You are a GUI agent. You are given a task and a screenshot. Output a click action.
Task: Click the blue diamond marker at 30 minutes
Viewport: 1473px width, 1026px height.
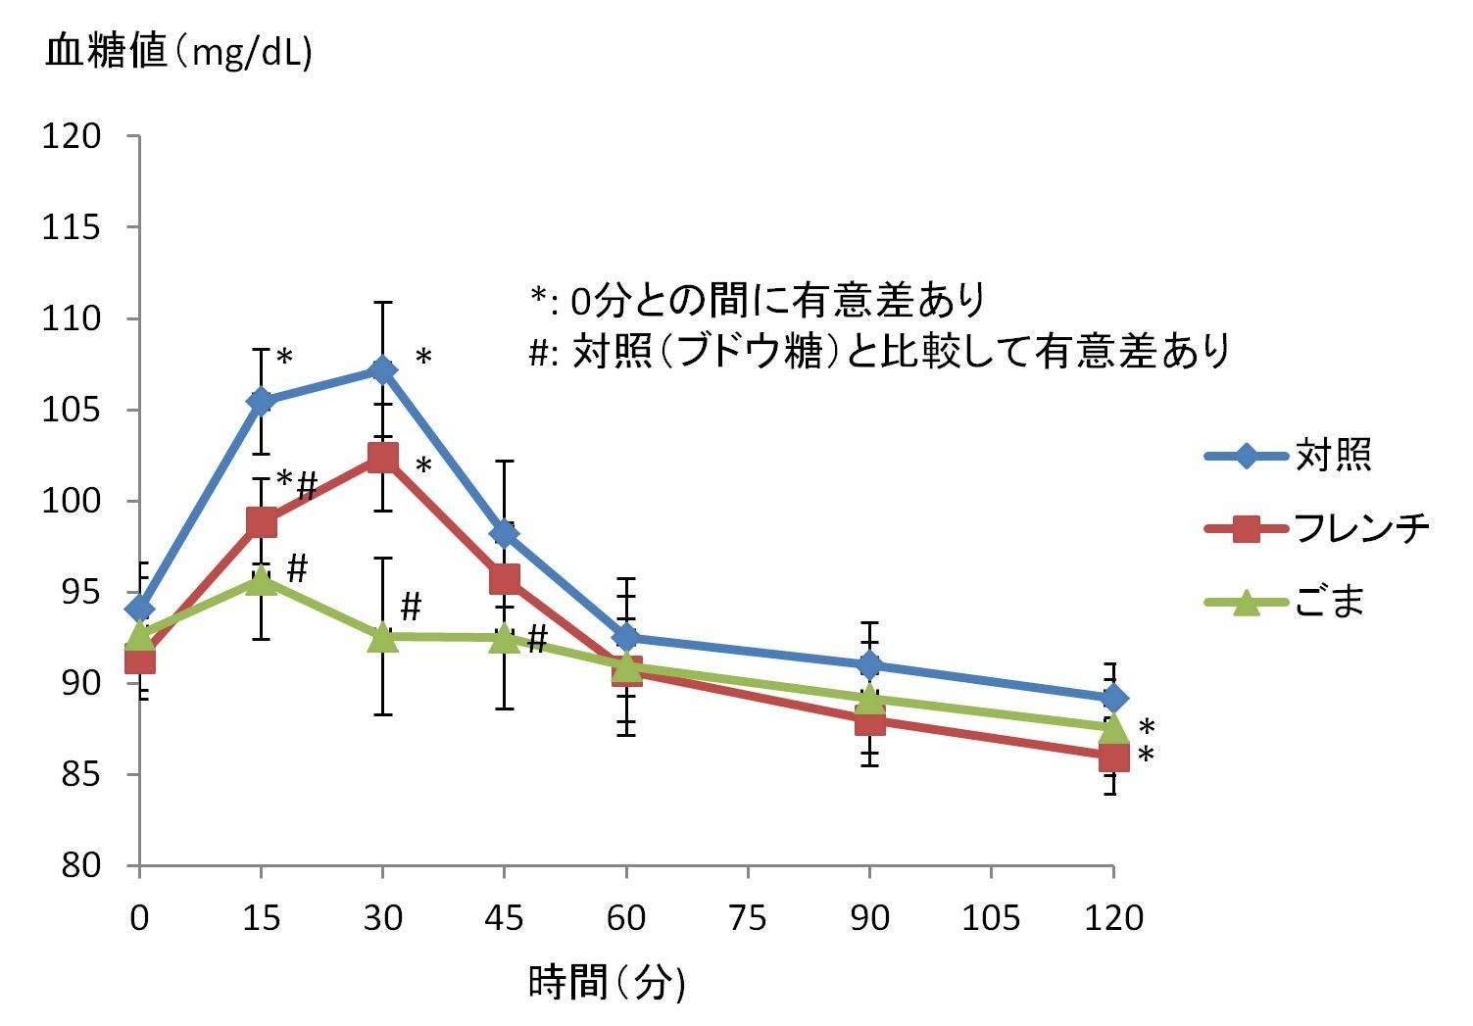(x=382, y=369)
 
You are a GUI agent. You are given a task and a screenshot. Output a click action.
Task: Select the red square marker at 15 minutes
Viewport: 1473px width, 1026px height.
(x=262, y=522)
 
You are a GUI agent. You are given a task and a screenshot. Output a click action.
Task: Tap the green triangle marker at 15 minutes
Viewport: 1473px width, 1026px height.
(x=261, y=580)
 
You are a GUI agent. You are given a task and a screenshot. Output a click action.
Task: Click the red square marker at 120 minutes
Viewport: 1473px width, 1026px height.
(x=1113, y=757)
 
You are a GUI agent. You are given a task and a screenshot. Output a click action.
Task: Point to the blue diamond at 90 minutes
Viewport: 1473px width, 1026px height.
(x=869, y=665)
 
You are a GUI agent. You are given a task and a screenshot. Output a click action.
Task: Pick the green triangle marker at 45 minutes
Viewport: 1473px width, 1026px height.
(x=504, y=639)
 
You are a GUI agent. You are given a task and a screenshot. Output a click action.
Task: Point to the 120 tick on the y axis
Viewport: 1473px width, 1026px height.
(x=72, y=136)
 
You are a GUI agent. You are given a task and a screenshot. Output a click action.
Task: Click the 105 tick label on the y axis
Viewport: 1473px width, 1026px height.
(x=72, y=410)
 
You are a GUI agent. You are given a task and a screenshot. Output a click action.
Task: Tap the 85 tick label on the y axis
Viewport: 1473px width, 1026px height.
(x=81, y=774)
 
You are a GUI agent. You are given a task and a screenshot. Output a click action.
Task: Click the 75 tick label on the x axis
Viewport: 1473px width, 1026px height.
(x=747, y=918)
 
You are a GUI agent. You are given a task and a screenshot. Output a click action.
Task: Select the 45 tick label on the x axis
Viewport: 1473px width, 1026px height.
(x=504, y=918)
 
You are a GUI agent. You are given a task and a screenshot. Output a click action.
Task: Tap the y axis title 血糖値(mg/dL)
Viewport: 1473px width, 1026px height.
(x=178, y=53)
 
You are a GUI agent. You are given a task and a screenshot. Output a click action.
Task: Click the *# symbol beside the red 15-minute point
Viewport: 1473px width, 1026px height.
(x=297, y=484)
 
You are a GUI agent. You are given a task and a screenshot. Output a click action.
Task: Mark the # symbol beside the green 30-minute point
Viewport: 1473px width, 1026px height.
(x=411, y=607)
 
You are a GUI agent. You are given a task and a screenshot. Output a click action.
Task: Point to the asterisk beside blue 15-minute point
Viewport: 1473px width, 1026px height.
(x=284, y=358)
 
